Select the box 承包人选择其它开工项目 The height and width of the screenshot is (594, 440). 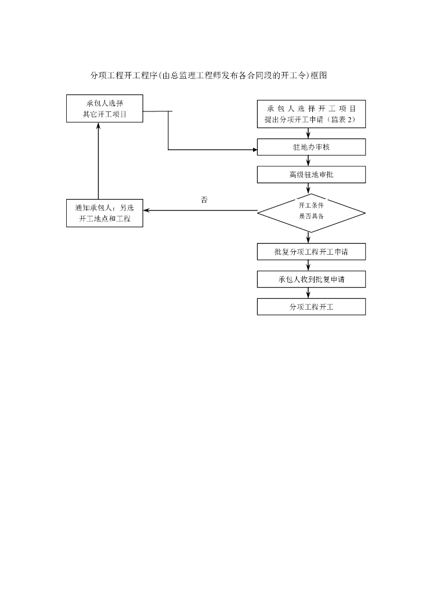pos(104,108)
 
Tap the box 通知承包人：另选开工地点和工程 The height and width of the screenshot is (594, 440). pos(104,213)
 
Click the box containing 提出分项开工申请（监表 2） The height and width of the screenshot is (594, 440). pos(311,114)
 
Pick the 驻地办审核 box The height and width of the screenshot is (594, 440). pos(311,147)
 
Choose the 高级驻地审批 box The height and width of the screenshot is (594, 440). pos(311,175)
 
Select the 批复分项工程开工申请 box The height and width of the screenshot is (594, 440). pos(311,252)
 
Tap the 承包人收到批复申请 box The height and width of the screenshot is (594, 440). pos(311,280)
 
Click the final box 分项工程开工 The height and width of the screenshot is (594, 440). pos(311,307)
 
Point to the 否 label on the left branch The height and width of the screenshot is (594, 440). pos(204,200)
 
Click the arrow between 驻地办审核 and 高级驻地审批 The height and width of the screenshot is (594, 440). pos(308,161)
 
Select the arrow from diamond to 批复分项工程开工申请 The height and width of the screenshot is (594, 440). pos(308,238)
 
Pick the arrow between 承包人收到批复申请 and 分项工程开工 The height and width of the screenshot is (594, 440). pos(308,293)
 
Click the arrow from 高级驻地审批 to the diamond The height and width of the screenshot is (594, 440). pos(308,189)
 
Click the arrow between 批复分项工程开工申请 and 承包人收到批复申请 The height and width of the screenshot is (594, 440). pos(308,266)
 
